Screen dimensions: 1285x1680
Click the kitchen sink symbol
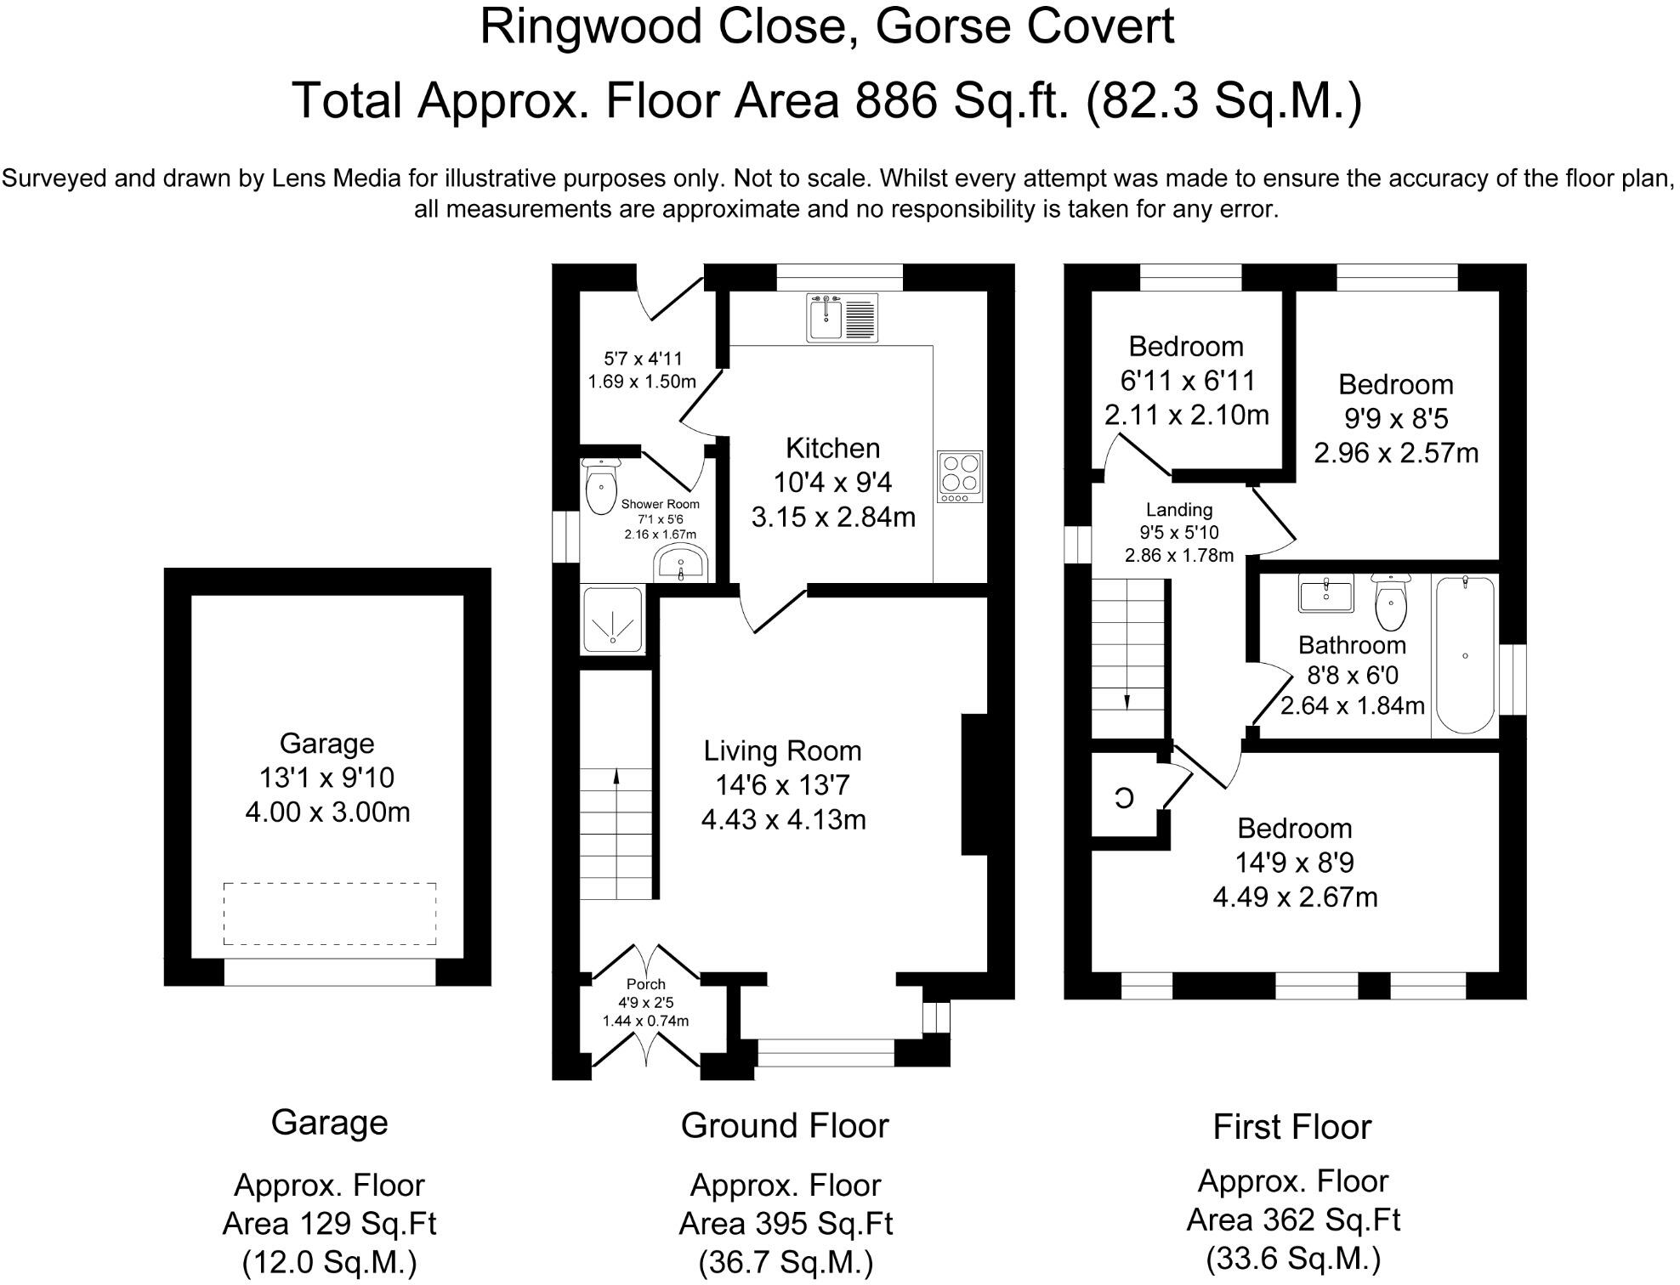(842, 318)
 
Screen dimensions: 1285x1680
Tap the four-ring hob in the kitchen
(960, 477)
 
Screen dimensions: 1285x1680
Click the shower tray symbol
(612, 620)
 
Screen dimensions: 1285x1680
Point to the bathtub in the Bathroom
(1464, 654)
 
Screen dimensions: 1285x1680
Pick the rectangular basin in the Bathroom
(1325, 593)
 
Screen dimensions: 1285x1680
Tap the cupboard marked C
(1124, 798)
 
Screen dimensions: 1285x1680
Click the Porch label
(646, 984)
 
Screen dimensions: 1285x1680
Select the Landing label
(1178, 510)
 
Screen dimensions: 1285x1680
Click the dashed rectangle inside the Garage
(330, 914)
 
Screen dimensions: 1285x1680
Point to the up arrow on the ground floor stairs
(616, 775)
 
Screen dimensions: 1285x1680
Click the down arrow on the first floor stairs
(1127, 700)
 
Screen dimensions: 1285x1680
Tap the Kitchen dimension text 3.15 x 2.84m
(833, 517)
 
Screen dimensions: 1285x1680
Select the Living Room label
(782, 750)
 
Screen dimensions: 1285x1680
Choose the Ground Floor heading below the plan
(785, 1125)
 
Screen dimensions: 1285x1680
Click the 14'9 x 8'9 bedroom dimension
(1294, 863)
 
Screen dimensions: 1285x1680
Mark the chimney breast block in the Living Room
(974, 784)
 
